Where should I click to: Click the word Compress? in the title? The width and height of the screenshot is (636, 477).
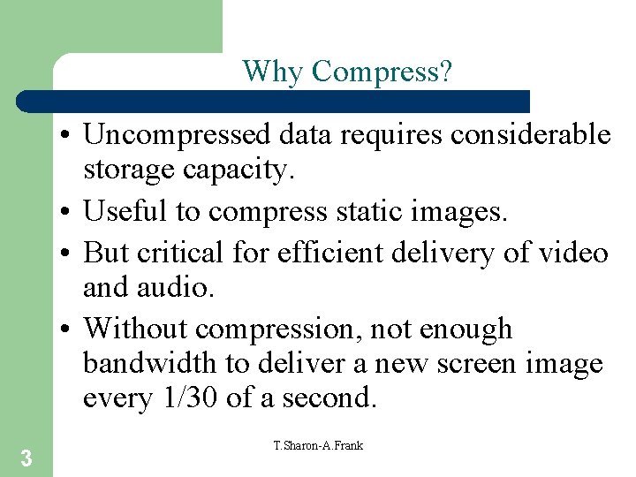pyautogui.click(x=382, y=72)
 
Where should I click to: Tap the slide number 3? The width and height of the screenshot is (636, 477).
pyautogui.click(x=26, y=458)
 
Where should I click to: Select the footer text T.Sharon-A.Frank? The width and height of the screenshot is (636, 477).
pyautogui.click(x=318, y=445)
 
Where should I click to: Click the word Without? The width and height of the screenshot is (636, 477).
pyautogui.click(x=136, y=329)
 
